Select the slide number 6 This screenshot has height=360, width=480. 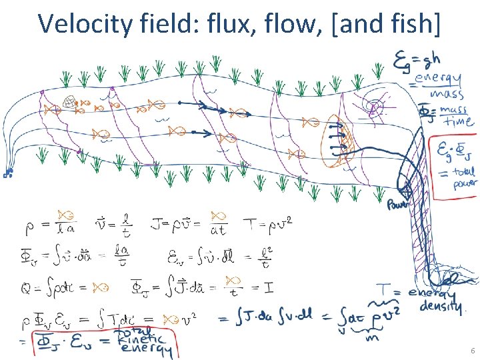(x=472, y=351)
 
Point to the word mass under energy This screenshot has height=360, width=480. (x=443, y=94)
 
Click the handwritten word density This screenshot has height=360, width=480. (x=441, y=307)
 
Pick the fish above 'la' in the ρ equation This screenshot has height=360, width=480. (x=65, y=215)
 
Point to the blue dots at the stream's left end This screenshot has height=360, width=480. (x=8, y=173)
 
